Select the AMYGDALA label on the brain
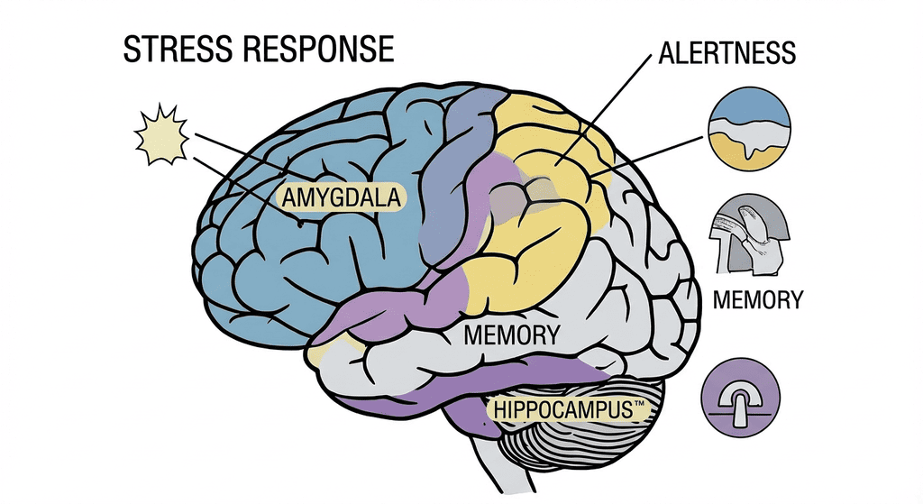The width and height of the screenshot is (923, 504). (x=343, y=197)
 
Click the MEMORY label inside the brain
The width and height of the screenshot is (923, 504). (x=511, y=335)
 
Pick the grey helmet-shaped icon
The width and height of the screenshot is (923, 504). (x=750, y=232)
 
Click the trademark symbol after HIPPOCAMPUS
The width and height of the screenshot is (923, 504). (x=640, y=406)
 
